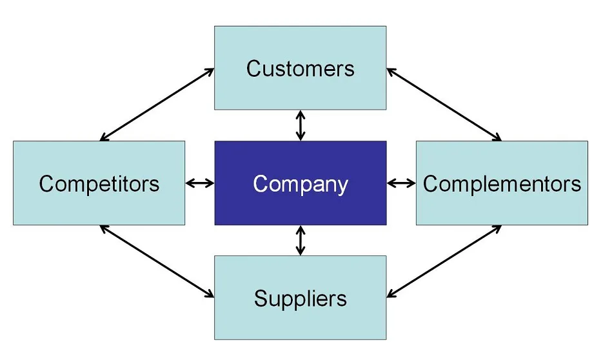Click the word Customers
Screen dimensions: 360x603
coord(301,68)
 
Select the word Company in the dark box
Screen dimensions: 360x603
coord(301,184)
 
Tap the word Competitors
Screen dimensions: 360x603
coord(99,184)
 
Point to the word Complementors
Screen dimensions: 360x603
coord(502,184)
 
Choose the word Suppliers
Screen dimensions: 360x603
coord(301,299)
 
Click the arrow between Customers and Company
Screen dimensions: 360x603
coord(301,125)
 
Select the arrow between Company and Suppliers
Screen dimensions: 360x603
coord(301,240)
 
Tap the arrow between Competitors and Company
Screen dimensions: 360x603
coord(199,183)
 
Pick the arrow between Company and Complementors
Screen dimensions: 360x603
coord(401,183)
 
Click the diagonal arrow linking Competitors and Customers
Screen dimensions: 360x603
coord(157,104)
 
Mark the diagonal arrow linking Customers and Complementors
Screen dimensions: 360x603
coord(444,104)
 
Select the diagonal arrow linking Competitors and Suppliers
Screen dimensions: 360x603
coord(157,261)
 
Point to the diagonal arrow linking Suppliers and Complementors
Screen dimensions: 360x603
coord(444,261)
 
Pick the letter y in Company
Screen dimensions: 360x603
coord(341,186)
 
